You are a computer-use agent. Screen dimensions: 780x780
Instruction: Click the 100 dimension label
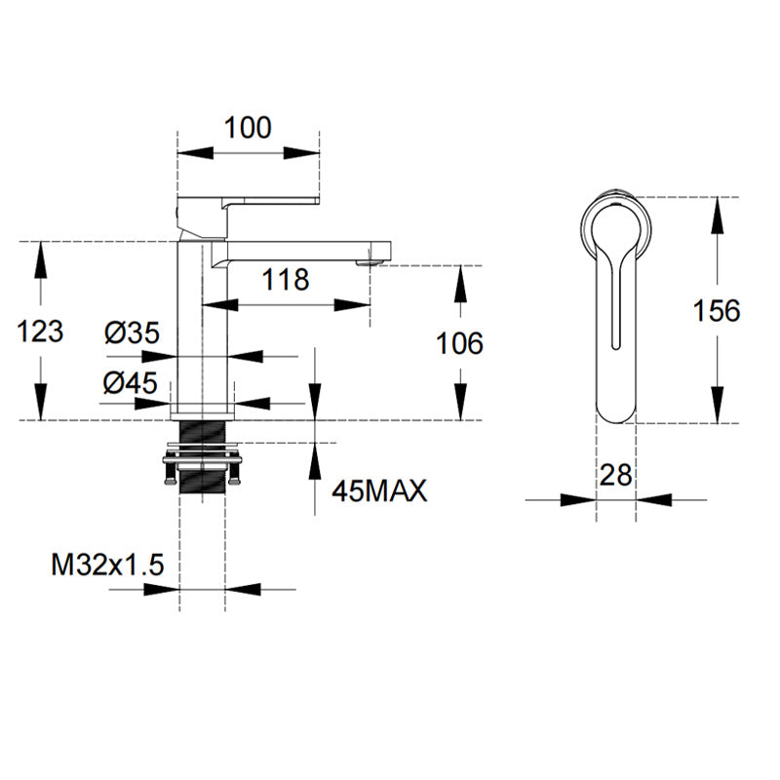pyautogui.click(x=248, y=128)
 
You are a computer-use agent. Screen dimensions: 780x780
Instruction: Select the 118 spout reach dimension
pyautogui.click(x=286, y=280)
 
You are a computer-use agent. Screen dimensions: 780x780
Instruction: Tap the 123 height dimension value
pyautogui.click(x=41, y=331)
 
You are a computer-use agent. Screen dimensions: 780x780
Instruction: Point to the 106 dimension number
pyautogui.click(x=457, y=343)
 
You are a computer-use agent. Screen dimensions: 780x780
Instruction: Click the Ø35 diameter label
pyautogui.click(x=131, y=333)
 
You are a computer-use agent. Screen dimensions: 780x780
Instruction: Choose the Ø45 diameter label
pyautogui.click(x=131, y=383)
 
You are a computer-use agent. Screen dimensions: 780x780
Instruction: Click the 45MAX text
pyautogui.click(x=379, y=490)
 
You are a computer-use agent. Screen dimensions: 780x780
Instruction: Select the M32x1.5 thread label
pyautogui.click(x=107, y=565)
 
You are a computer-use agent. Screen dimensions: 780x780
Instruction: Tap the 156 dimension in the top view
pyautogui.click(x=717, y=311)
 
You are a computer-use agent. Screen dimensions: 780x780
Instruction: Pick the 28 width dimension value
pyautogui.click(x=616, y=475)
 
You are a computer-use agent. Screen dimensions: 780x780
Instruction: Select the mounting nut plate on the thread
pyautogui.click(x=203, y=454)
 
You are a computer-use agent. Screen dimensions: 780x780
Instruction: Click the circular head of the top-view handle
pyautogui.click(x=616, y=226)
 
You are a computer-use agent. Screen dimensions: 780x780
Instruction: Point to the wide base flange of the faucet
pyautogui.click(x=203, y=411)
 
